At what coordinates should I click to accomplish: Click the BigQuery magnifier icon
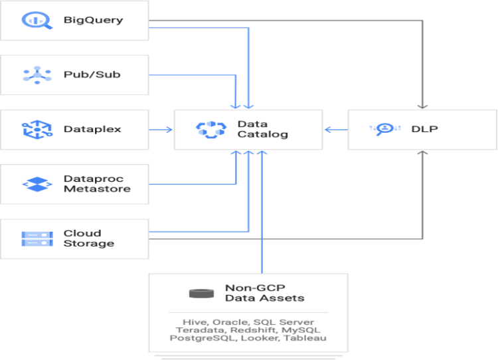(x=33, y=20)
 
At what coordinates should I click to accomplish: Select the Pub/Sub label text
(x=92, y=74)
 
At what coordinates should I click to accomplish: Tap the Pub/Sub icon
(x=33, y=74)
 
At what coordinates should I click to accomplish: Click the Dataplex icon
(x=33, y=129)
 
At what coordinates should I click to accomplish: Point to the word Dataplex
(x=92, y=129)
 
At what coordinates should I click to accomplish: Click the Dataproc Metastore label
(x=97, y=184)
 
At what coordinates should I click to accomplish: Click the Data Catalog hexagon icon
(x=211, y=129)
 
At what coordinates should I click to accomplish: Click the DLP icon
(x=382, y=129)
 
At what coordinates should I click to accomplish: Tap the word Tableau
(x=307, y=339)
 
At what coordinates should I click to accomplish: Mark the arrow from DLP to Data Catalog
(x=336, y=129)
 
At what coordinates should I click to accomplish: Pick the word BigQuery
(x=93, y=20)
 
